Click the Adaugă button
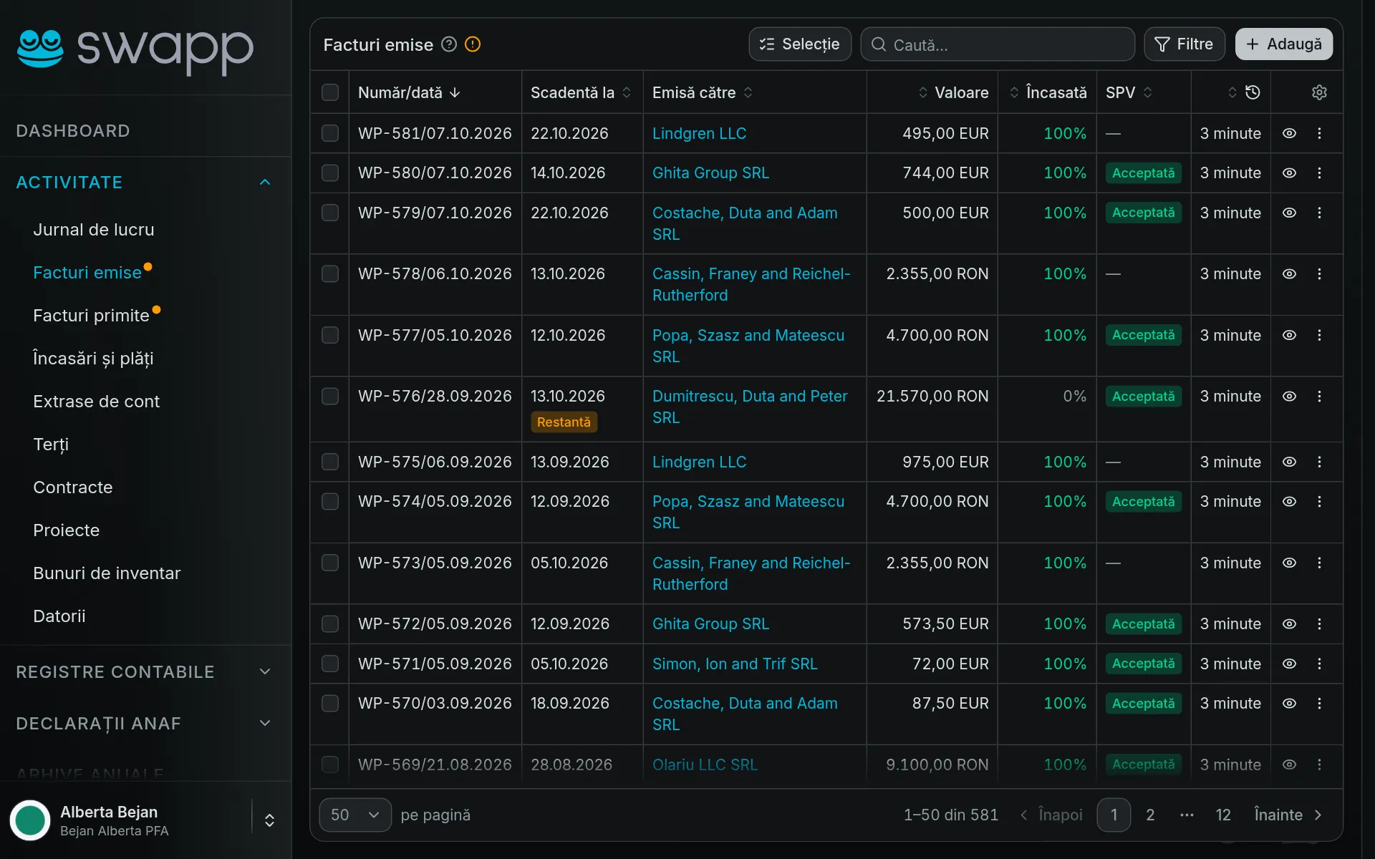coord(1283,44)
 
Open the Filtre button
coord(1185,44)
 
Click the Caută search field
coord(998,44)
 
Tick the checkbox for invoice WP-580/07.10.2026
coord(330,173)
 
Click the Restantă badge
coord(564,422)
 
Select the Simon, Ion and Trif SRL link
coord(735,664)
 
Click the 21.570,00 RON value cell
coord(932,396)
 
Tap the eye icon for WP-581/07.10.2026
coord(1289,133)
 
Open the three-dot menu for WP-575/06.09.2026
coord(1319,462)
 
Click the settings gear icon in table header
coord(1319,92)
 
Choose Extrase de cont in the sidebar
coord(96,402)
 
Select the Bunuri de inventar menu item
coord(107,573)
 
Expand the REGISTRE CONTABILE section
coord(143,672)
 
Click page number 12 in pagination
coord(1223,815)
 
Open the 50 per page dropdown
coord(355,815)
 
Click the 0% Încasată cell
coord(1074,396)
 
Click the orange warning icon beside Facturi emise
coord(473,44)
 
